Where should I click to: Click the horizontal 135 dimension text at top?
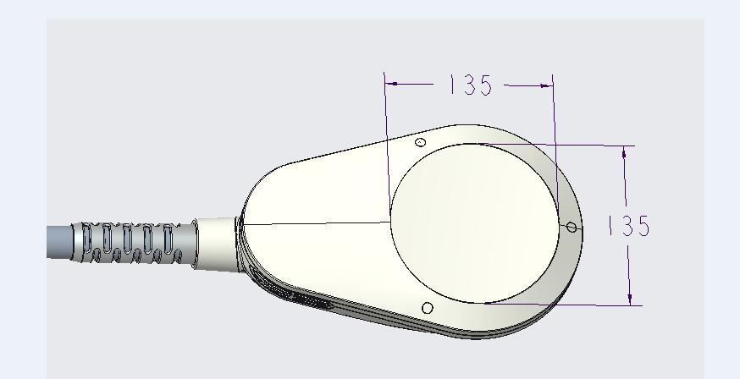(x=471, y=85)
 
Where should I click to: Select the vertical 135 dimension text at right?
(x=629, y=226)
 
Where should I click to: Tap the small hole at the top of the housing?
(x=421, y=142)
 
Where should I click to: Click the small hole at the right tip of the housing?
(x=572, y=228)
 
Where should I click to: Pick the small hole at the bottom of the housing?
(x=427, y=308)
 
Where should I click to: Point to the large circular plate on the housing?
(x=474, y=223)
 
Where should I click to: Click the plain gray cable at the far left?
(x=59, y=242)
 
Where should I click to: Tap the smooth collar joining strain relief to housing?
(x=216, y=244)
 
